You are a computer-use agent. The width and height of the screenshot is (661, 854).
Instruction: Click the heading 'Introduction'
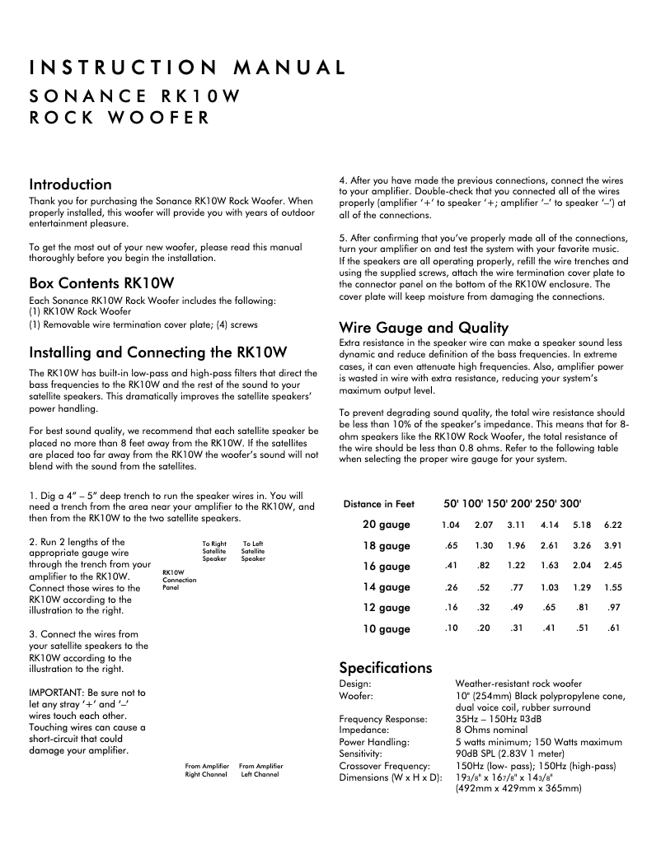point(70,184)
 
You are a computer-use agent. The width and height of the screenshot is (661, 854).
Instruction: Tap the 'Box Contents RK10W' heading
point(102,282)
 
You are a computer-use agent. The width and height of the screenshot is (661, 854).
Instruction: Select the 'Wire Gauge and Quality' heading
point(424,327)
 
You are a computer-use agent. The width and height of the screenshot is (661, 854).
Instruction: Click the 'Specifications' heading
point(386,667)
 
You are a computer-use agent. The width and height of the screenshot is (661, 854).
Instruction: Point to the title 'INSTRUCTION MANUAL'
point(187,68)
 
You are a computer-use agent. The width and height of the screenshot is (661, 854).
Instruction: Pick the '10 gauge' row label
point(386,629)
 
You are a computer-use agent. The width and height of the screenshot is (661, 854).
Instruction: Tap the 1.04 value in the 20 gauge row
point(450,525)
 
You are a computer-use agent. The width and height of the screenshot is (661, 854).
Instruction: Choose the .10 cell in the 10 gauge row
point(451,629)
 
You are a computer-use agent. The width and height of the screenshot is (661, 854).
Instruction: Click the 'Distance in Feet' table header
point(379,504)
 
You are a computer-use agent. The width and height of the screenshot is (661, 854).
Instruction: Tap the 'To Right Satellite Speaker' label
point(214,552)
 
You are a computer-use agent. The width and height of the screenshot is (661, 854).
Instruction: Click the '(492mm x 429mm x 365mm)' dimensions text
point(518,789)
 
